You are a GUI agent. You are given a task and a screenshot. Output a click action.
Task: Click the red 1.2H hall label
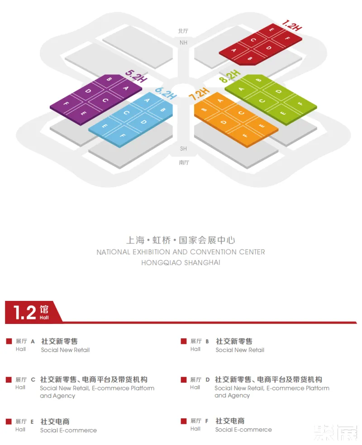[x=292, y=25]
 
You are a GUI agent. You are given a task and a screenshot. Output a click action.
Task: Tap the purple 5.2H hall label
[x=136, y=76]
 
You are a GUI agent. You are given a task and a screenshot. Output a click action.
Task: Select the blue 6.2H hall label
[x=165, y=93]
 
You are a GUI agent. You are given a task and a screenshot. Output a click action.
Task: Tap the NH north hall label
[x=183, y=43]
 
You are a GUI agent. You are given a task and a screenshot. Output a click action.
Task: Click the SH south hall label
[x=183, y=149]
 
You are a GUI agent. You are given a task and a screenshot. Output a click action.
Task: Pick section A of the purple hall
[x=125, y=89]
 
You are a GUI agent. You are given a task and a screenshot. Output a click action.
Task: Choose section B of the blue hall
[x=162, y=109]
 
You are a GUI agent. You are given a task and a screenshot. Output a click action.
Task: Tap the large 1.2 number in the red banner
[x=24, y=312]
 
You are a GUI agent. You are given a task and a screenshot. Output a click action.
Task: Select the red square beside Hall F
[x=184, y=421]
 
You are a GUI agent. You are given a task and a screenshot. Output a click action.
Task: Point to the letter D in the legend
[x=207, y=380]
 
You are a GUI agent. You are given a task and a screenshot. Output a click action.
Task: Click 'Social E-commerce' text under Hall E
[x=68, y=431]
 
